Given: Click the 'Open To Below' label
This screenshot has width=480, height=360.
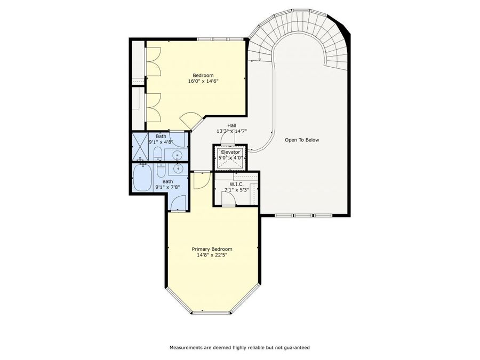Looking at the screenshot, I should point(301,140).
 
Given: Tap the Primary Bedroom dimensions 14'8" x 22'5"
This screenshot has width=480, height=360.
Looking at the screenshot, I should point(212,255).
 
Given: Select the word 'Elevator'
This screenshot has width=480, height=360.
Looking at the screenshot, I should point(230,152).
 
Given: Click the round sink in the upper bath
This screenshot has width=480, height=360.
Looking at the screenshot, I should point(177,155).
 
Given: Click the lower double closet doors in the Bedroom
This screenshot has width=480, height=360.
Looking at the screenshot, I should point(154,107).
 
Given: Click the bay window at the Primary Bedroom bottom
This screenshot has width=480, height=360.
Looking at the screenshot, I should point(212,312).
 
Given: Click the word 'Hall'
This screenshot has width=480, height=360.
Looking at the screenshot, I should point(231,125).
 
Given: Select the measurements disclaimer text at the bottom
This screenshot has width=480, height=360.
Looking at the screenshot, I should point(239,347).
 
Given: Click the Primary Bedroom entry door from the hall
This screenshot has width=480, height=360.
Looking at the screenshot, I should point(202,180).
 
